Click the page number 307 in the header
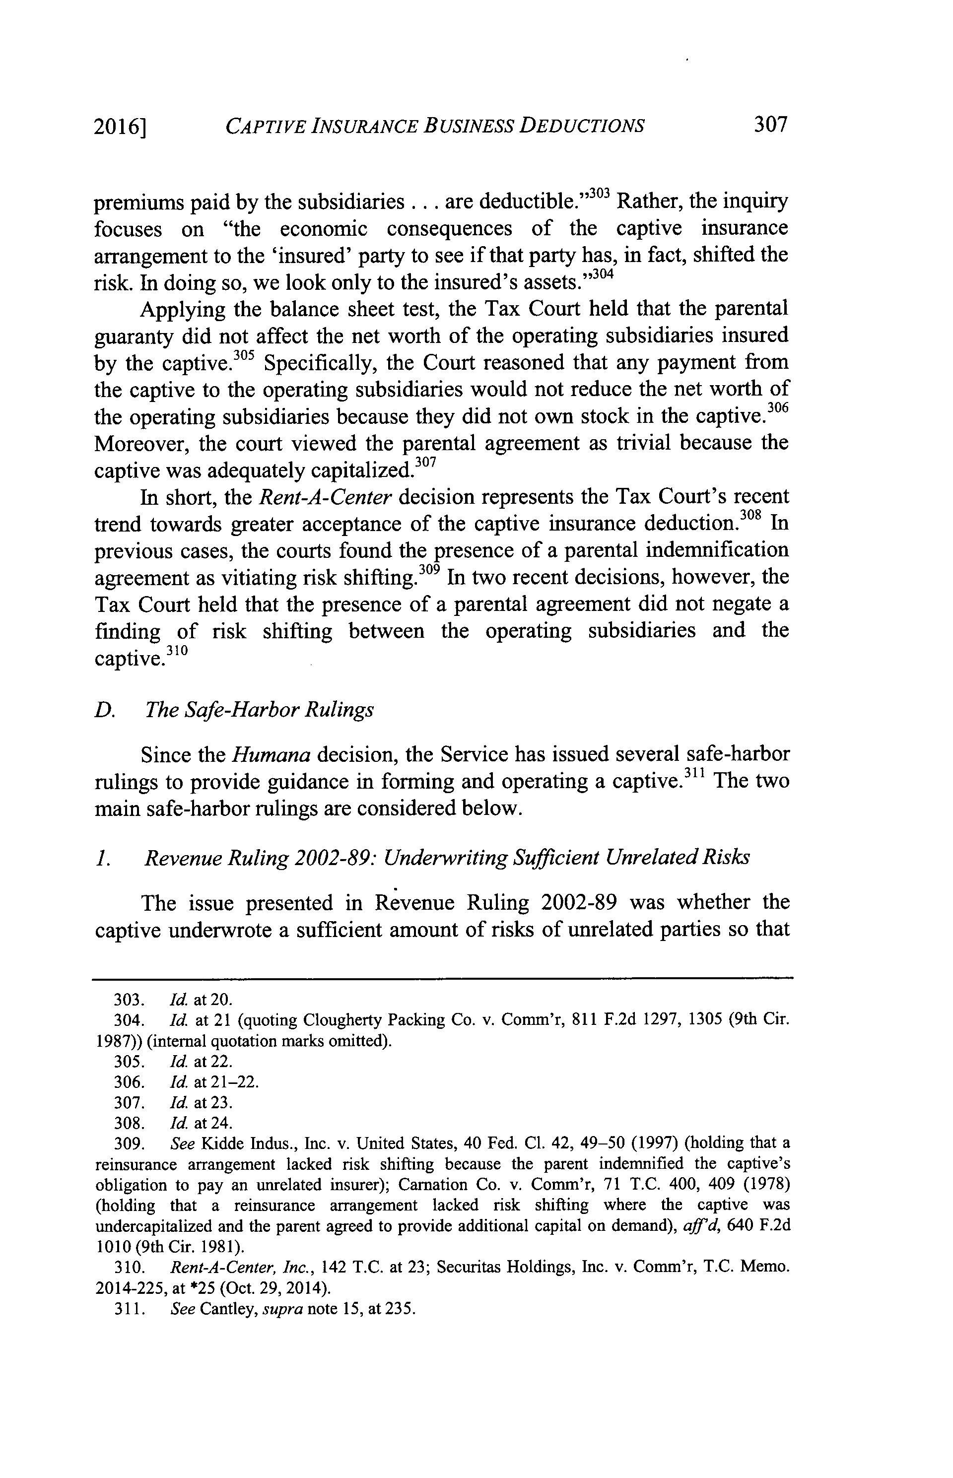[770, 126]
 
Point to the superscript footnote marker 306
[778, 408]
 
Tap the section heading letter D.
[104, 710]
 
